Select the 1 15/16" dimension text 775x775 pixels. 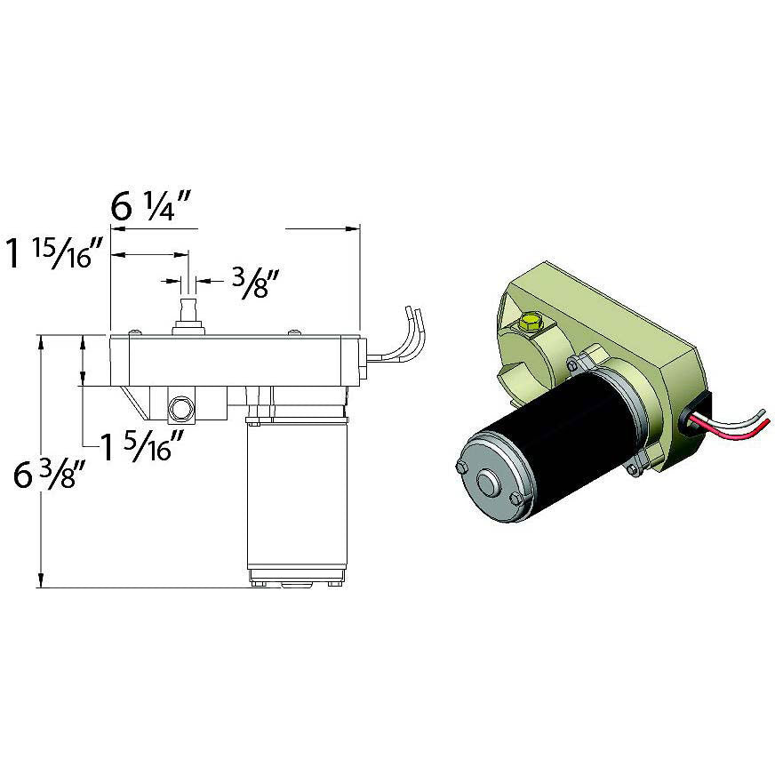click(x=57, y=253)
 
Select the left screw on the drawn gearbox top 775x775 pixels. click(x=132, y=332)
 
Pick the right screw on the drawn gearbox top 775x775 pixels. click(x=293, y=332)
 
